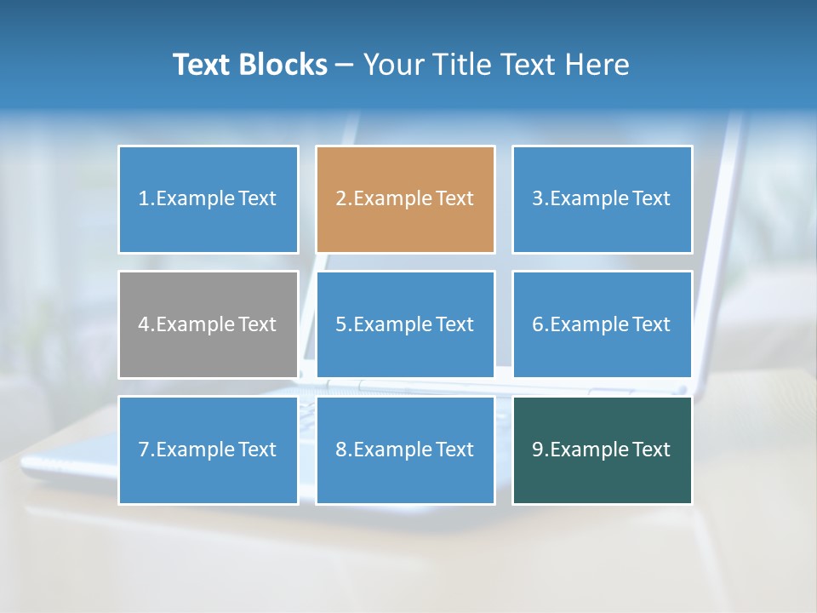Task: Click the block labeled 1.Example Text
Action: click(208, 199)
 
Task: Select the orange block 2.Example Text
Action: click(405, 199)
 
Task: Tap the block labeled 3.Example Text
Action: click(602, 199)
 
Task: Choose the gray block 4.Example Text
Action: click(208, 324)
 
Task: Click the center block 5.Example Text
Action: click(405, 324)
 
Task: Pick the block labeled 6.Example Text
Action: click(602, 324)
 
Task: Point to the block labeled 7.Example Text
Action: click(208, 450)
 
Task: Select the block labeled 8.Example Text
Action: click(405, 450)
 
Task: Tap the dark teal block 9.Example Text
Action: click(602, 450)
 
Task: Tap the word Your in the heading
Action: click(392, 65)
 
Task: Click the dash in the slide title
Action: click(345, 66)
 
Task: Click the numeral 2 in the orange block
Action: click(340, 199)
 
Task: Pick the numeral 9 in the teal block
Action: click(538, 450)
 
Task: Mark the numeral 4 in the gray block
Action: click(144, 324)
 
